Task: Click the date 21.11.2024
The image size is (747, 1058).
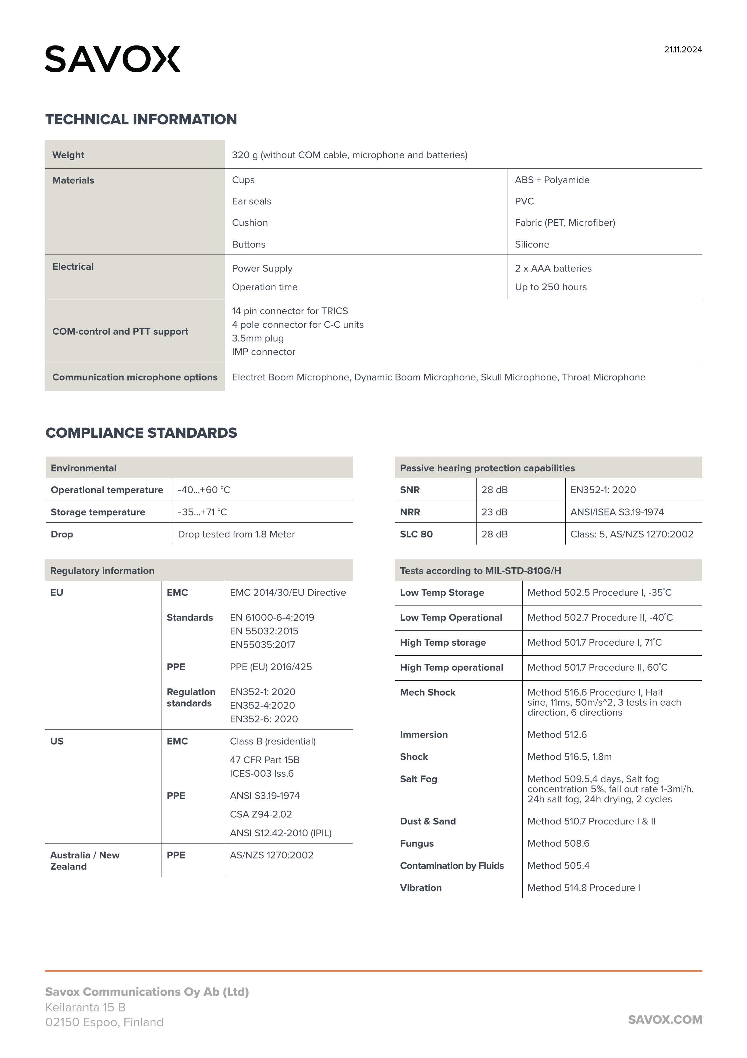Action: (x=683, y=50)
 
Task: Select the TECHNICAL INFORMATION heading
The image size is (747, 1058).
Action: (x=141, y=119)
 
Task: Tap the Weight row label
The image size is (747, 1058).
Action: (x=68, y=155)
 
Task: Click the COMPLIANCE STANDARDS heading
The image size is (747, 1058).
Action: (x=141, y=433)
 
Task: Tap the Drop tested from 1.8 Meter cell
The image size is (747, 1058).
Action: (x=236, y=534)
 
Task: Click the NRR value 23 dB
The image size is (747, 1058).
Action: (x=494, y=512)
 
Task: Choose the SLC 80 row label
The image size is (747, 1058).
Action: (x=416, y=534)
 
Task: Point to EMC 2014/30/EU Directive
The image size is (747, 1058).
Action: (x=288, y=593)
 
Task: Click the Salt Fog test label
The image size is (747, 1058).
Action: (x=418, y=779)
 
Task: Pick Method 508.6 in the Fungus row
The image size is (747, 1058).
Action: (x=558, y=843)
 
